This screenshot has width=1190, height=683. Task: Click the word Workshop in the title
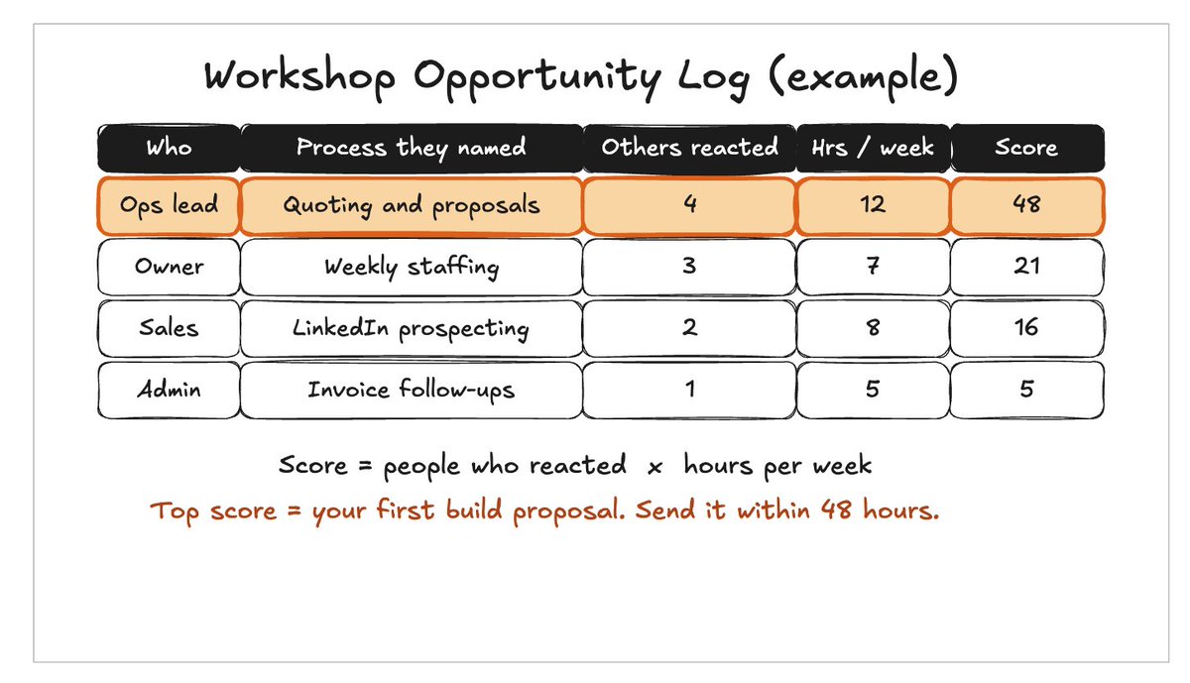pos(299,76)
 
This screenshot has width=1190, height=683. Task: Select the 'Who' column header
pos(169,148)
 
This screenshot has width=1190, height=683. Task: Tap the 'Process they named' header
pos(412,148)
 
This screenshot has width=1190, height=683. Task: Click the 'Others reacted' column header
pos(689,148)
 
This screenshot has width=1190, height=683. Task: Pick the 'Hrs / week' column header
pos(873,148)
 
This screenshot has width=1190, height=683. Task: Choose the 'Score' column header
pos(1027,148)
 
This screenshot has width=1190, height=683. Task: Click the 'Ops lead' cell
pos(169,206)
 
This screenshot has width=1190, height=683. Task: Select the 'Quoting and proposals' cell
pos(412,206)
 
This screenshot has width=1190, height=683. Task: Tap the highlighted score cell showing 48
pos(1027,206)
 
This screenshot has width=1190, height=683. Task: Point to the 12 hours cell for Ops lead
pos(873,206)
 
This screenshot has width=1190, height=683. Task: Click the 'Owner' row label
pos(169,267)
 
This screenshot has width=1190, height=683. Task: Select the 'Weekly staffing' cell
pos(412,267)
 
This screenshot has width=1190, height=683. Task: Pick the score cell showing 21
pos(1027,267)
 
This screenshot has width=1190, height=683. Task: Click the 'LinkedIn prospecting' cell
pos(412,328)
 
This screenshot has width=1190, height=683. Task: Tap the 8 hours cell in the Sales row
pos(873,328)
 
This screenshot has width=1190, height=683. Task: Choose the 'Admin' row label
pos(169,390)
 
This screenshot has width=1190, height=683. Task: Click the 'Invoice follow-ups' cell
pos(412,390)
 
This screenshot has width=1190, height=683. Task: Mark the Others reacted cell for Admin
pos(689,390)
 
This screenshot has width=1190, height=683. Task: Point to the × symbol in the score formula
pos(655,467)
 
